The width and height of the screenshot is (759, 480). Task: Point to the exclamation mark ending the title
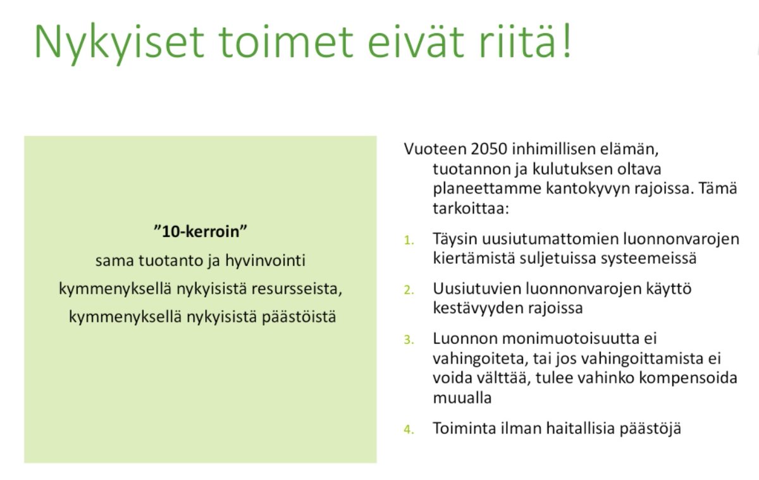click(x=565, y=41)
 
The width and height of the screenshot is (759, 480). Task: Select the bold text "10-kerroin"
click(x=200, y=231)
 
